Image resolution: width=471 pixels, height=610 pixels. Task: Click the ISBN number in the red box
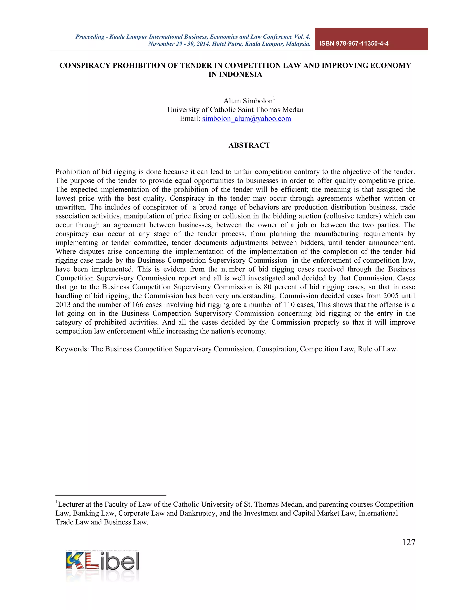(354, 44)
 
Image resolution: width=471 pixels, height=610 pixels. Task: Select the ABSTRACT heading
(249, 145)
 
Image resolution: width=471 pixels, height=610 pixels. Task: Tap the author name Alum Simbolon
(247, 101)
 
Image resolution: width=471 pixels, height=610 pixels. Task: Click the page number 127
(408, 542)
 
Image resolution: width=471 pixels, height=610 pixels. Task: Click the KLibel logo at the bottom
(102, 561)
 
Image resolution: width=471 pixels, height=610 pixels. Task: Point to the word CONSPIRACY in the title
(85, 66)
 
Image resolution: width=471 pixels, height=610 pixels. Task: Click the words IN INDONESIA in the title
(235, 75)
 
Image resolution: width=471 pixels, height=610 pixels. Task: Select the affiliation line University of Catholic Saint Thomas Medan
(235, 110)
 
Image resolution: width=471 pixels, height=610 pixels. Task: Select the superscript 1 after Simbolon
(274, 98)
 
